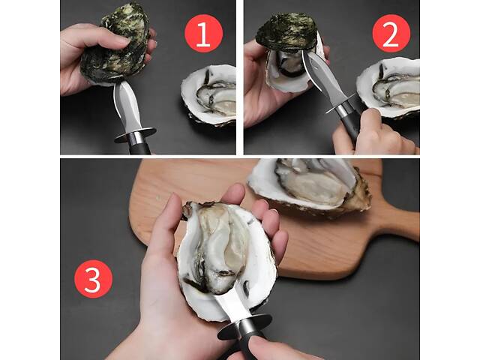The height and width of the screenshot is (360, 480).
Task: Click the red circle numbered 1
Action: click(203, 33)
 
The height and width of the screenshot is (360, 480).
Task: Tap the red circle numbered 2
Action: click(391, 33)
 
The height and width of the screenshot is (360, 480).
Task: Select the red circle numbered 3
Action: click(93, 278)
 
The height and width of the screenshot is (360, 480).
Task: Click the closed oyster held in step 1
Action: click(115, 46)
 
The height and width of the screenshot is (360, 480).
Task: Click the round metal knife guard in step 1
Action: click(135, 135)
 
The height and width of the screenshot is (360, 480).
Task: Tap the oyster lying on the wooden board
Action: click(309, 187)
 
